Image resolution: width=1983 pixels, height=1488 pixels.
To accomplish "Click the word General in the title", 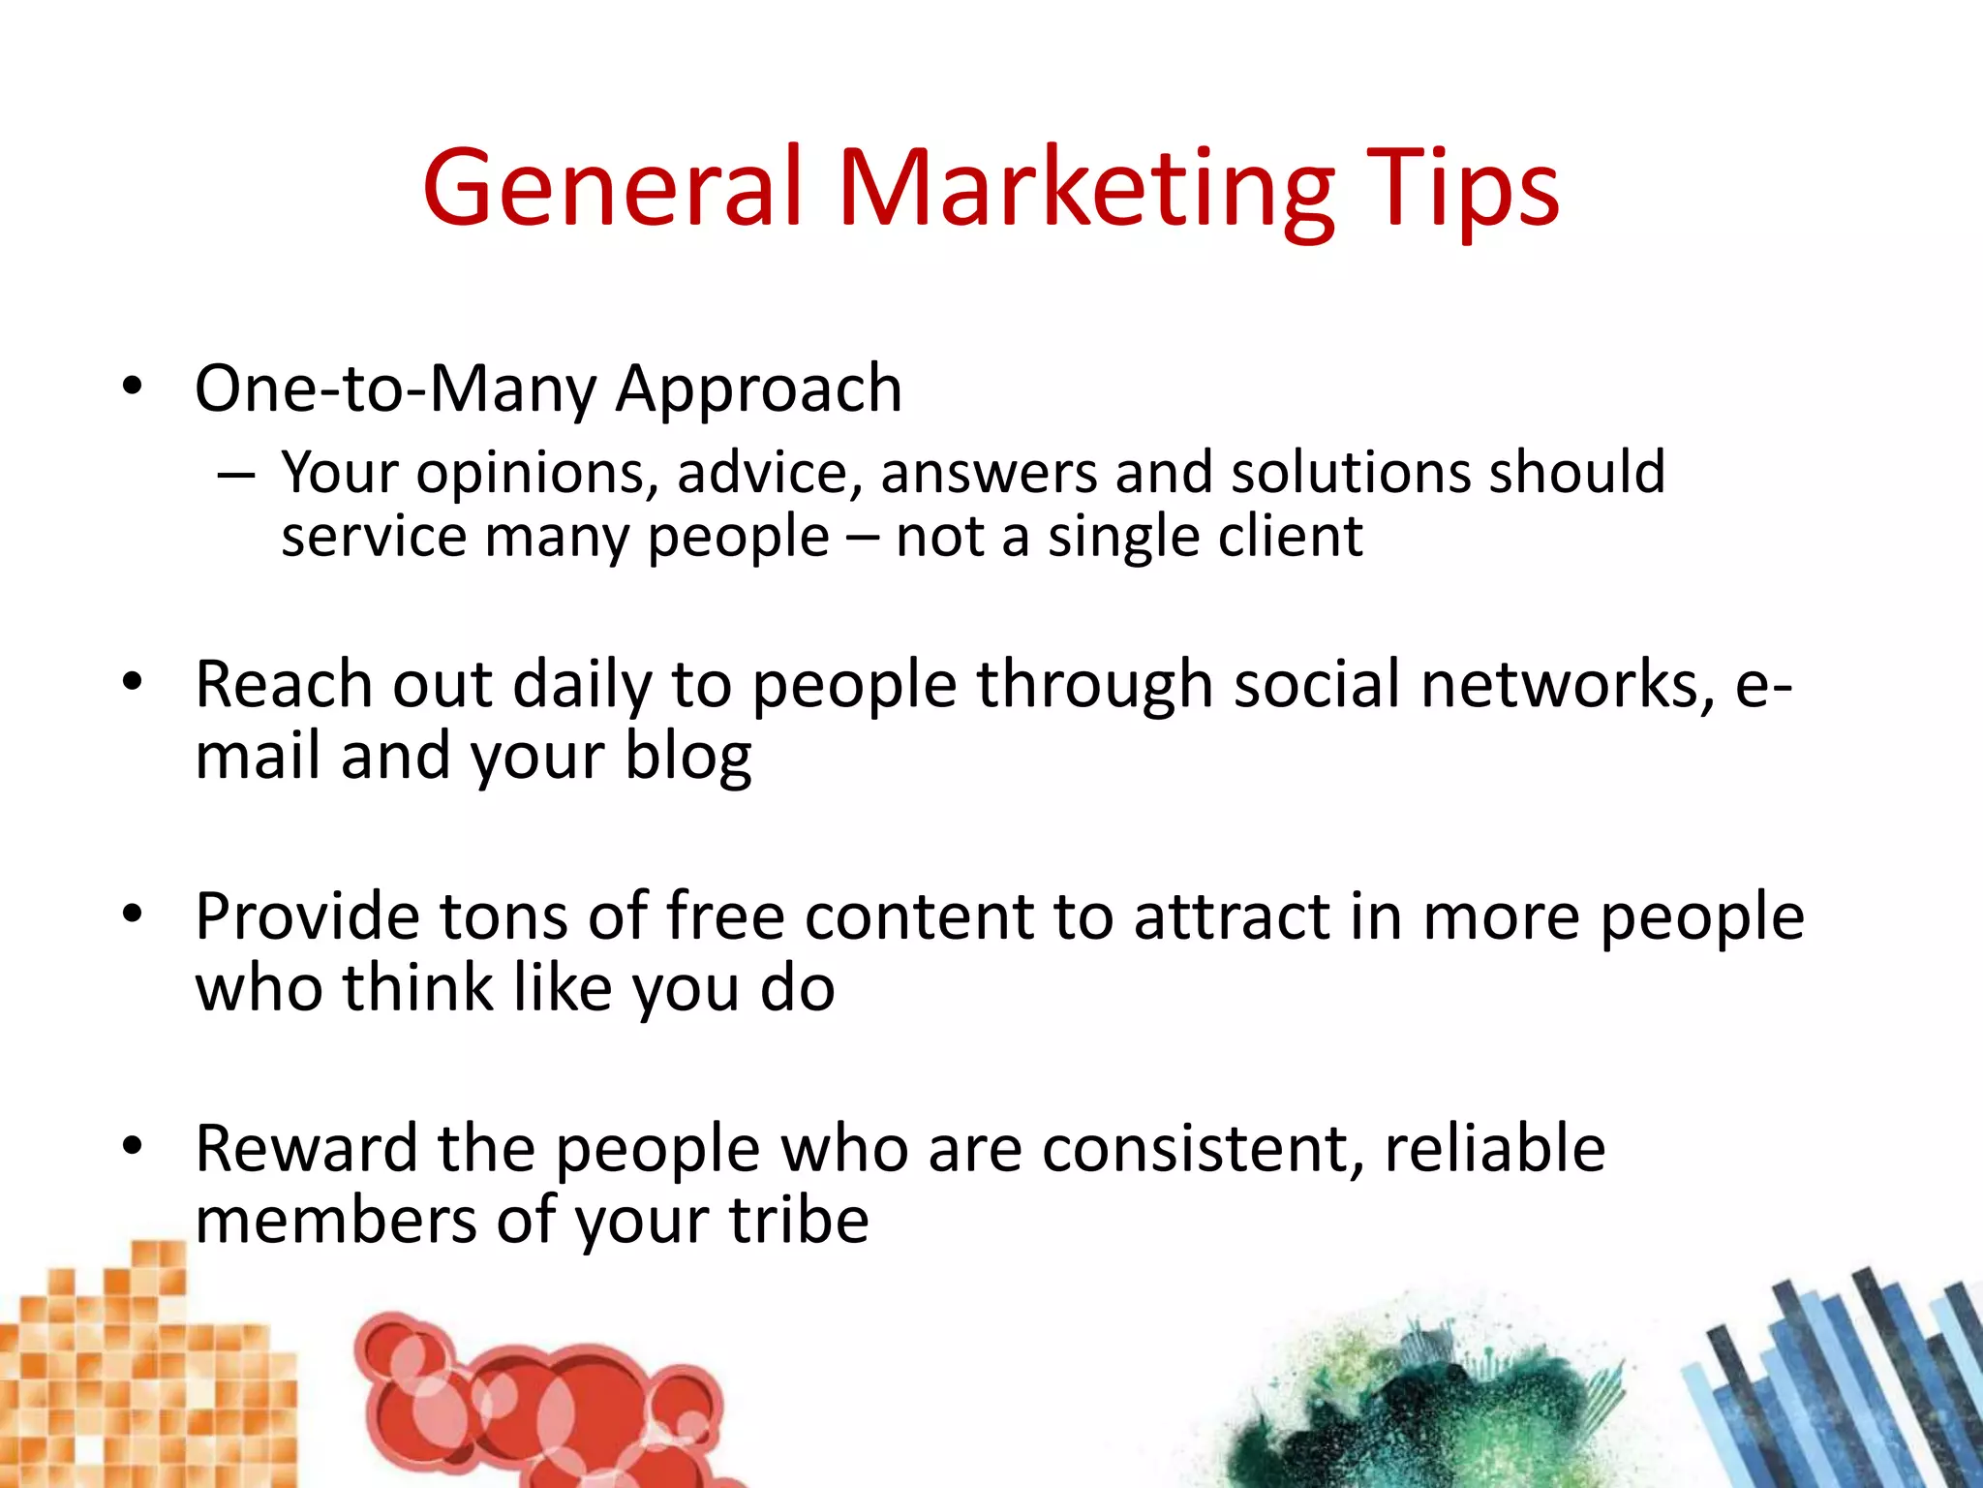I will tap(612, 188).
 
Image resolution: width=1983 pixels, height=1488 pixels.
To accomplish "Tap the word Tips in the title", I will tap(1462, 188).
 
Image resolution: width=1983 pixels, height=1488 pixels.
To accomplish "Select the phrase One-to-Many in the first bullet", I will tap(396, 388).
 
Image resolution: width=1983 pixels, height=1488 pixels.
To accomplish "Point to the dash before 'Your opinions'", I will tap(235, 476).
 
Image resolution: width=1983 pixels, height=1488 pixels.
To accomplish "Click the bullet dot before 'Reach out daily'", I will tap(133, 682).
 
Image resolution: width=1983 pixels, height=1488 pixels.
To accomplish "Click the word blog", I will tap(687, 757).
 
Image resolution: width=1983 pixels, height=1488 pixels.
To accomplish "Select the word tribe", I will tap(799, 1220).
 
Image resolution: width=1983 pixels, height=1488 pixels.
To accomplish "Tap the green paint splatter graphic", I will tap(1414, 1405).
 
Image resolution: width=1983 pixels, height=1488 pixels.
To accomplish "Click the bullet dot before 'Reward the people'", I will tap(133, 1146).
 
